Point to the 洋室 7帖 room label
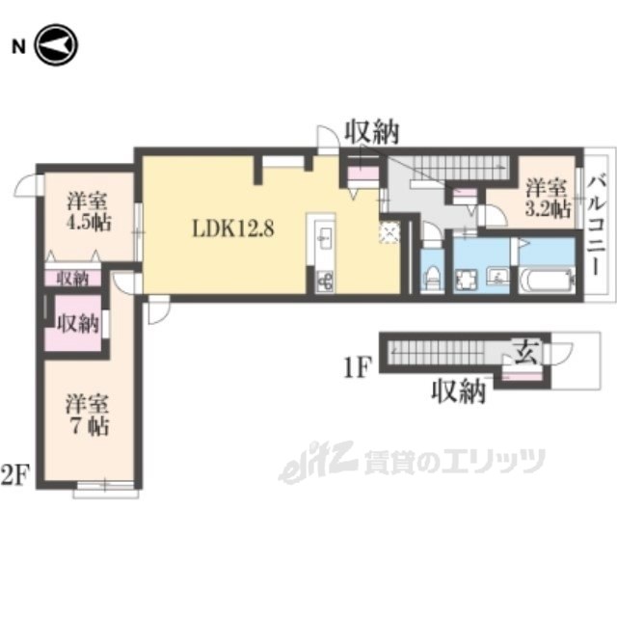point(86,413)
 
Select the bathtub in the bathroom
point(544,282)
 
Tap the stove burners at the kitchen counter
point(323,281)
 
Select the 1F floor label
point(358,366)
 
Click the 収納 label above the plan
point(372,134)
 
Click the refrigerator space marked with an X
point(389,232)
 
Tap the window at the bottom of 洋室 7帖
point(105,489)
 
